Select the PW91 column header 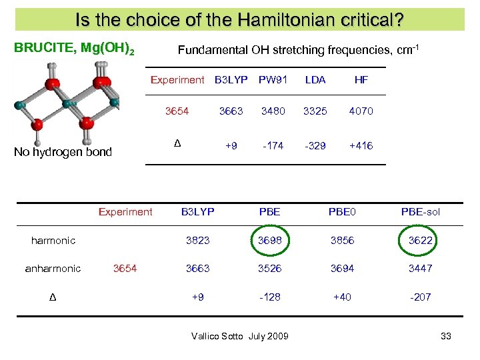pos(273,80)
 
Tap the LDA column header pos(315,80)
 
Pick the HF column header pos(361,80)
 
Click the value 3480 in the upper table pos(273,111)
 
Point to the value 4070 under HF pos(361,111)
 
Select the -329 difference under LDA pos(315,145)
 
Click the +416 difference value pos(361,145)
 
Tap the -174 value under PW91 pos(273,145)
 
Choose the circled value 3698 pos(271,241)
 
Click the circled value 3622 pos(421,241)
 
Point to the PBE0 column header pos(342,212)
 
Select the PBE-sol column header pos(421,212)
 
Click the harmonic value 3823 pos(197,241)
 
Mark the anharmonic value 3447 pos(421,268)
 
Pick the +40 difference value pos(342,297)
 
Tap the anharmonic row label pos(53,268)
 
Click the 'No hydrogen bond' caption pos(63,152)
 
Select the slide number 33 pos(446,336)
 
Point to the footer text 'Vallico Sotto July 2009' pos(239,336)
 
